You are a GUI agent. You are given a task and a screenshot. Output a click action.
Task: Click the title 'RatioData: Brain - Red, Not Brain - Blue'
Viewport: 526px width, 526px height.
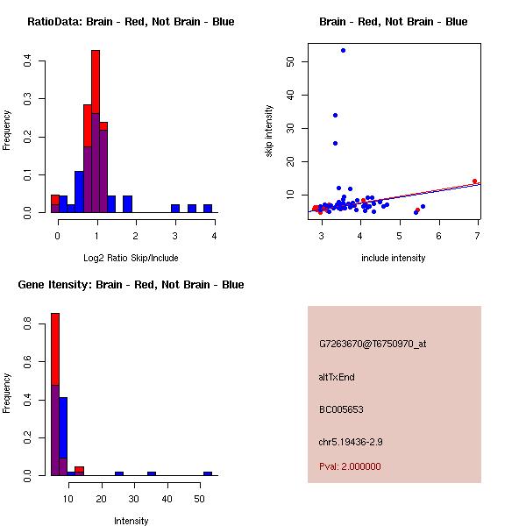[131, 22]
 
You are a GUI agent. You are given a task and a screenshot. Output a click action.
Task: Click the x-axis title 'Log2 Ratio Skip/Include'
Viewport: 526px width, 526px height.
[131, 258]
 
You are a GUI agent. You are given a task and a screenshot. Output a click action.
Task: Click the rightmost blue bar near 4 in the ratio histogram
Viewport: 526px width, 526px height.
[208, 209]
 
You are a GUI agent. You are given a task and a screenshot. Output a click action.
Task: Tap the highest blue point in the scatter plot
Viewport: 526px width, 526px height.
[343, 50]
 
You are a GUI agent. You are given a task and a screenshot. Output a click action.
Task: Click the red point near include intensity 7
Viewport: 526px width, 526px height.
[474, 181]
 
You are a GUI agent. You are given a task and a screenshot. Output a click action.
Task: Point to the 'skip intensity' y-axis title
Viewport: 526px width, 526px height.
[269, 131]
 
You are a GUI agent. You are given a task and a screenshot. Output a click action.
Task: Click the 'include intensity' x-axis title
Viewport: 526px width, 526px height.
[394, 258]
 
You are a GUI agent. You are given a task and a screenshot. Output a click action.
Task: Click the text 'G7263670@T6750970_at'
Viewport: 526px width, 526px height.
[373, 344]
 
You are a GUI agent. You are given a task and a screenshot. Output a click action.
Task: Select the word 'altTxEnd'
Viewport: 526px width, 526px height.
[337, 377]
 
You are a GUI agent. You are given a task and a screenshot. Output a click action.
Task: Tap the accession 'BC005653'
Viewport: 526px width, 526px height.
[341, 409]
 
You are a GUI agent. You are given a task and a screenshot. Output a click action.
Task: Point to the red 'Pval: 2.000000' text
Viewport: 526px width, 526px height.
[350, 466]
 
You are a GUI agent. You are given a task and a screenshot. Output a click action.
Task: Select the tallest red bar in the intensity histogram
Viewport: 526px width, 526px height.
[55, 394]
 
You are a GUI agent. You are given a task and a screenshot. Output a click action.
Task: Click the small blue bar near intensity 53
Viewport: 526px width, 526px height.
[208, 473]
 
